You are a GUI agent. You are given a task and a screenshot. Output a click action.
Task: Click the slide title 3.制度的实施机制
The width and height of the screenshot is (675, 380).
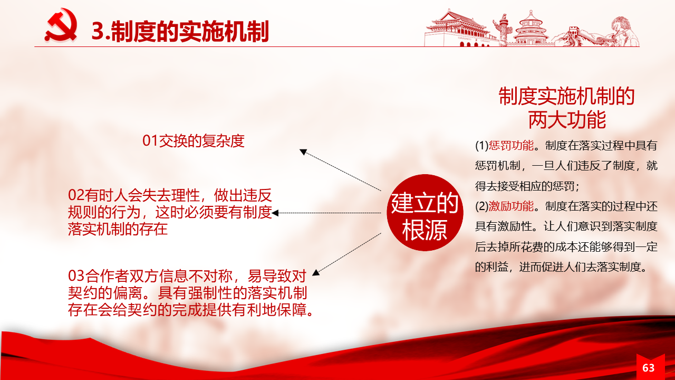pyautogui.click(x=180, y=31)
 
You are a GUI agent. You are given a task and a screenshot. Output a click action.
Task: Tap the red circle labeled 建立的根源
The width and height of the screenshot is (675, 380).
pyautogui.click(x=425, y=213)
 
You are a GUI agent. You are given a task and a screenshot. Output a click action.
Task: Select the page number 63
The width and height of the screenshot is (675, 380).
pyautogui.click(x=649, y=368)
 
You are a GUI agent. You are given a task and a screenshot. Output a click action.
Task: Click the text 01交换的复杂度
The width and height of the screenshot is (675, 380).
pyautogui.click(x=193, y=141)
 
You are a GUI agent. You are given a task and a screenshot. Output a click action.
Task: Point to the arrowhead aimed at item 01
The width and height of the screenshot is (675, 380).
pyautogui.click(x=303, y=151)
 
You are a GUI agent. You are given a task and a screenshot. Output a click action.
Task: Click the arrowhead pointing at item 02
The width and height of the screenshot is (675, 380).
pyautogui.click(x=275, y=213)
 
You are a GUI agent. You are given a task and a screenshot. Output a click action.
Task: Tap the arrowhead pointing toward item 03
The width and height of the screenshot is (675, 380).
pyautogui.click(x=316, y=273)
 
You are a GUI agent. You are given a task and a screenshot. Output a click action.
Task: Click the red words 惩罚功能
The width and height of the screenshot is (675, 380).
pyautogui.click(x=511, y=146)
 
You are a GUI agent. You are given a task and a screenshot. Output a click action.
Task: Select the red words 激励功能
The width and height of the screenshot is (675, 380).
pyautogui.click(x=511, y=206)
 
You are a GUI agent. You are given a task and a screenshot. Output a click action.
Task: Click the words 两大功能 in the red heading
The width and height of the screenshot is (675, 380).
pyautogui.click(x=567, y=120)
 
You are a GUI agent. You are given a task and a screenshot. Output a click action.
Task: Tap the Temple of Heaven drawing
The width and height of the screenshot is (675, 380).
pyautogui.click(x=531, y=28)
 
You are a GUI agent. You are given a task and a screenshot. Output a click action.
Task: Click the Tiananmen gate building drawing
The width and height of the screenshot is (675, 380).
pyautogui.click(x=458, y=28)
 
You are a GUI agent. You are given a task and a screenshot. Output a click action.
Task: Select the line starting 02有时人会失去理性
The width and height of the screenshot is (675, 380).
pyautogui.click(x=170, y=195)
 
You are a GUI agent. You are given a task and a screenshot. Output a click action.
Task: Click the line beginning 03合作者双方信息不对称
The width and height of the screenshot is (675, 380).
pyautogui.click(x=187, y=275)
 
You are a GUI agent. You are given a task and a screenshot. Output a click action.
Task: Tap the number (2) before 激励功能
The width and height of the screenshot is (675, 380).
pyautogui.click(x=482, y=206)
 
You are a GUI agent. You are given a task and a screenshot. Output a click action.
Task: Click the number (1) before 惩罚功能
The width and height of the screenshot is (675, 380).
pyautogui.click(x=482, y=146)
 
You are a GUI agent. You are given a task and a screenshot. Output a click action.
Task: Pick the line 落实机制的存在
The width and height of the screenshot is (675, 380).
pyautogui.click(x=118, y=229)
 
